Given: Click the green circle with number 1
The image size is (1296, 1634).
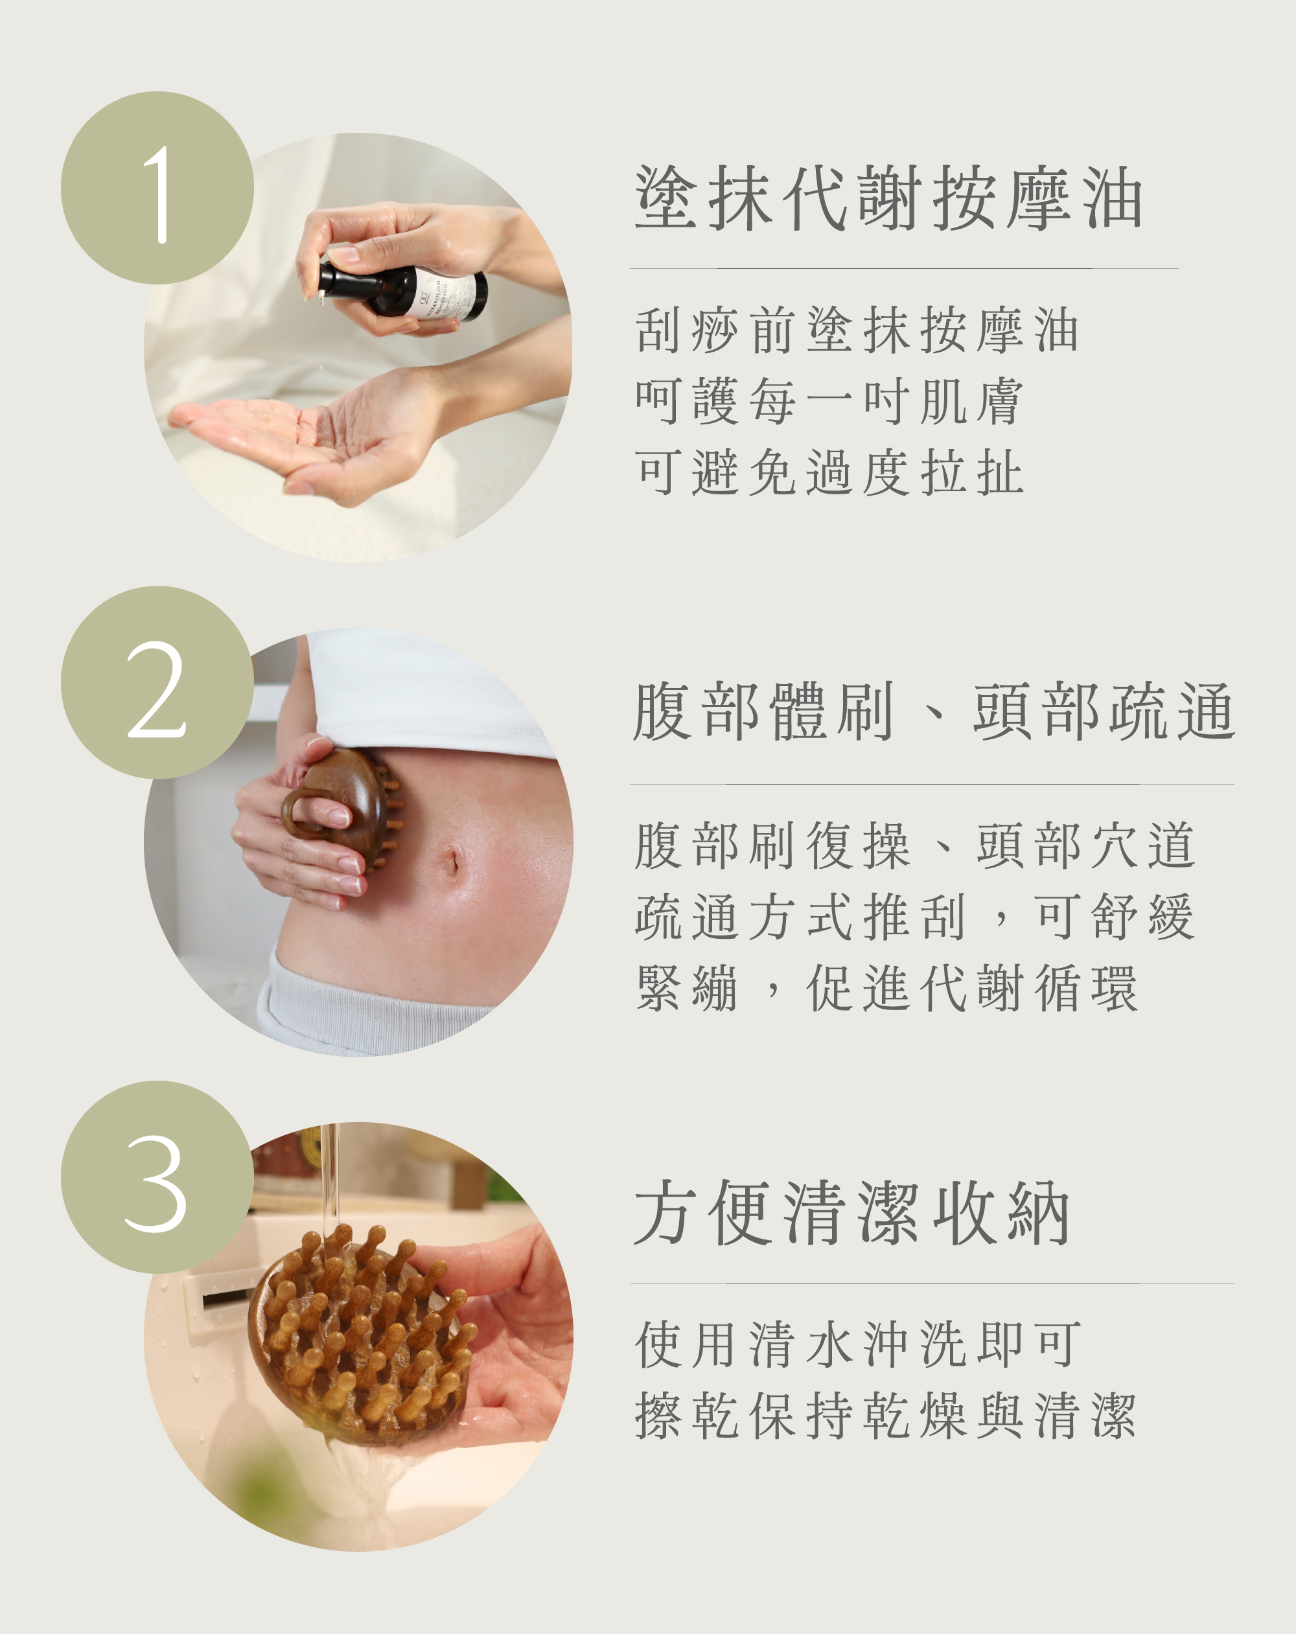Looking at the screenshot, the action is (x=157, y=188).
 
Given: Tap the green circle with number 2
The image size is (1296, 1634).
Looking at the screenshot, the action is (x=157, y=682).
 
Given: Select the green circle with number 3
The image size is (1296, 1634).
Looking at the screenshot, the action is (x=157, y=1177).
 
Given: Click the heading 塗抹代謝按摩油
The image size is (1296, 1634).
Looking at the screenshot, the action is (x=888, y=198).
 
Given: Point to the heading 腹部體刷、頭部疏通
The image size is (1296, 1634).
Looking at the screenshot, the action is (x=934, y=711).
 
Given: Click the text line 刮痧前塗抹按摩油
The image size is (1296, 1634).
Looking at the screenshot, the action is (x=857, y=330).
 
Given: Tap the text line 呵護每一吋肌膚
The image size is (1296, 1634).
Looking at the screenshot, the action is (x=829, y=401).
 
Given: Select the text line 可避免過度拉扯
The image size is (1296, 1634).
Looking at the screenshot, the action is (x=829, y=472).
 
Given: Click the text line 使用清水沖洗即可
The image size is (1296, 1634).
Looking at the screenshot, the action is (x=858, y=1344).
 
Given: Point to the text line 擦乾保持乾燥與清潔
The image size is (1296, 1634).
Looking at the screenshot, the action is (x=885, y=1415).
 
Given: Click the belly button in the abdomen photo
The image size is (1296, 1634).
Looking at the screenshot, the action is (x=452, y=862).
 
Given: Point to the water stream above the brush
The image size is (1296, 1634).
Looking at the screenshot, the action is (x=330, y=1183).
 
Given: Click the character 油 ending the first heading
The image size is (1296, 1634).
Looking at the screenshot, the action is (x=1112, y=198).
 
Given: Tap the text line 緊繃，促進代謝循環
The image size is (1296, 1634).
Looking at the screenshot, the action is (x=886, y=988).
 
